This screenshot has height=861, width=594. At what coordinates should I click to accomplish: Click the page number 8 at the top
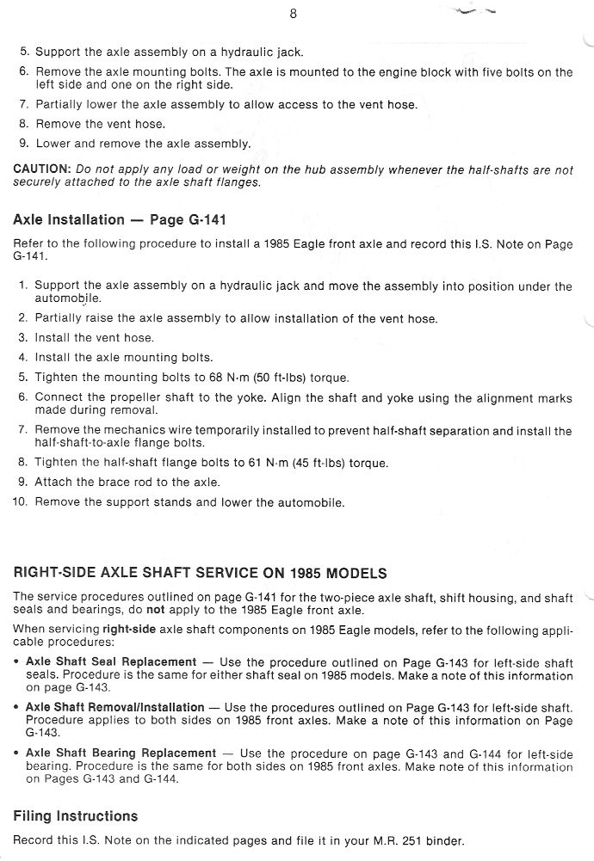pyautogui.click(x=294, y=14)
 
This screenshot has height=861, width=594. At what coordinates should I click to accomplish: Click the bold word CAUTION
pyautogui.click(x=42, y=170)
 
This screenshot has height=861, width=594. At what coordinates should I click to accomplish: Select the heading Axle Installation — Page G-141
pyautogui.click(x=120, y=220)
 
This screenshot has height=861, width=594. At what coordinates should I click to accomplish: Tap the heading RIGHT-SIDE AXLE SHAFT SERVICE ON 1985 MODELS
pyautogui.click(x=201, y=574)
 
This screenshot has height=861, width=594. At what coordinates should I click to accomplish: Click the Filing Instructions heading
pyautogui.click(x=76, y=815)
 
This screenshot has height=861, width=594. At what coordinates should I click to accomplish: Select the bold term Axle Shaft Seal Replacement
pyautogui.click(x=111, y=662)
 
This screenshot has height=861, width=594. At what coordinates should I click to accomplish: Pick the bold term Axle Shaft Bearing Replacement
pyautogui.click(x=121, y=753)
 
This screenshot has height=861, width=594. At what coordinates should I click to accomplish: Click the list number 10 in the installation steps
pyautogui.click(x=20, y=502)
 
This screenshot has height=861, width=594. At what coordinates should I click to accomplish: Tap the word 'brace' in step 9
pyautogui.click(x=115, y=483)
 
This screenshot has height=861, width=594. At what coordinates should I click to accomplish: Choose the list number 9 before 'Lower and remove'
pyautogui.click(x=24, y=144)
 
